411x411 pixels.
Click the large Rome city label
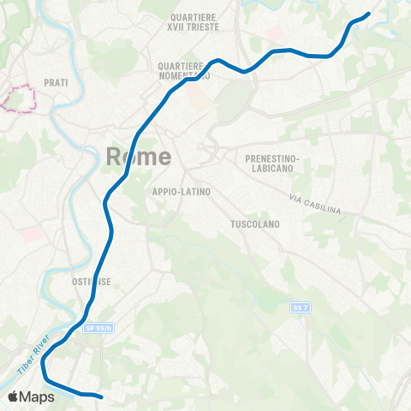click(x=138, y=157)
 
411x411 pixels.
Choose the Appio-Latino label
click(x=181, y=192)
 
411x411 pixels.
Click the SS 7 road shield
click(x=298, y=307)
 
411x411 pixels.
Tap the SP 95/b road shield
click(x=98, y=327)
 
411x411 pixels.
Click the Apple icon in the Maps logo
click(x=14, y=396)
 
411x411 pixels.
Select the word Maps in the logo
click(x=38, y=396)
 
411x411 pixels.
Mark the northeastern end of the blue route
click(x=367, y=14)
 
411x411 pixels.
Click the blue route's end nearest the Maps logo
click(x=101, y=396)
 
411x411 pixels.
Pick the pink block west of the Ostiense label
click(x=30, y=233)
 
